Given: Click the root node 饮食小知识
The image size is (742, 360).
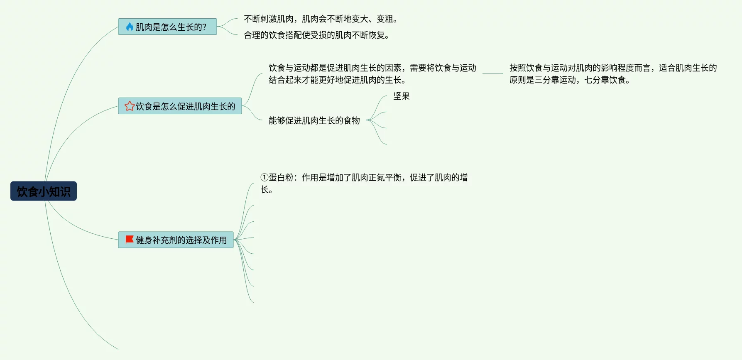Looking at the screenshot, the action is coord(44,191).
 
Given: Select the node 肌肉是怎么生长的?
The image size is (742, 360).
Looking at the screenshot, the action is coord(167,27).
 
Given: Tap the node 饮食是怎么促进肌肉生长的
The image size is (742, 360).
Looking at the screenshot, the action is coord(180,106).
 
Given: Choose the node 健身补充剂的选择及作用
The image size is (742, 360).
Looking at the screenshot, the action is coord(176,240).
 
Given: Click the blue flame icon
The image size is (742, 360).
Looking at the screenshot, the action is coord(130,27).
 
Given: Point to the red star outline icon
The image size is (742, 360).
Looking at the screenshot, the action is coord(130,106).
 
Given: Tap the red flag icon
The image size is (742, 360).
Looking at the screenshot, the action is coord(130,240).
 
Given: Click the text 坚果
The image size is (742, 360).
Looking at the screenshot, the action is coord(402,96).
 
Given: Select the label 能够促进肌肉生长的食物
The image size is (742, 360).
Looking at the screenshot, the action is coord(314,120).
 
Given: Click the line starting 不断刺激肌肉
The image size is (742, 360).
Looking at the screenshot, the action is coord(320,19).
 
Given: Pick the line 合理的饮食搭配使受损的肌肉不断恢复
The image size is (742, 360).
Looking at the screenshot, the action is coord(316,35).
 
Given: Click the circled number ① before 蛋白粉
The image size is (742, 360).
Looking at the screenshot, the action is coord(264,177).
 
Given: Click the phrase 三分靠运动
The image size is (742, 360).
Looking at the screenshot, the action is coord(555,80).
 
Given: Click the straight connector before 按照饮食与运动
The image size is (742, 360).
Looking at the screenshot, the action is coord(492,73).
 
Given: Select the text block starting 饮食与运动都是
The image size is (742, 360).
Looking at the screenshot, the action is coord(372,73).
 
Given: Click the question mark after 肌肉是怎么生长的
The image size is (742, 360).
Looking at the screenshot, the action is coord(204,27).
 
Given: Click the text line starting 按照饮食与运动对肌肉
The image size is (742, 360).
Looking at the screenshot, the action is coord(613,68).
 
